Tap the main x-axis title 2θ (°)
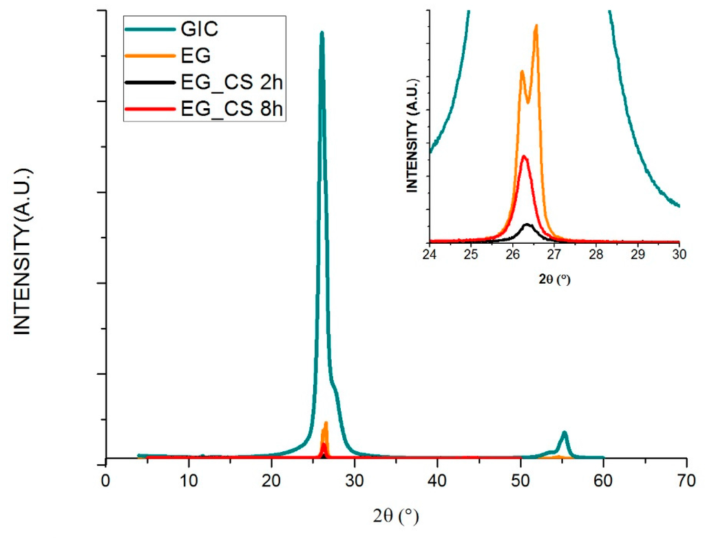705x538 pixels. (396, 515)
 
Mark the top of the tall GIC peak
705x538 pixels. (322, 33)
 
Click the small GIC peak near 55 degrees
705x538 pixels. (565, 433)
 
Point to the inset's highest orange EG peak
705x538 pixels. (536, 26)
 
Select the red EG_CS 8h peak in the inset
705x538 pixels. (525, 156)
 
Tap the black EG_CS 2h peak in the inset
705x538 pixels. (527, 225)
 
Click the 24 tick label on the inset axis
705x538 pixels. (430, 254)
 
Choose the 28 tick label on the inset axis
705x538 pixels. (596, 254)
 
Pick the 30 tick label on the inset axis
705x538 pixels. (680, 254)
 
